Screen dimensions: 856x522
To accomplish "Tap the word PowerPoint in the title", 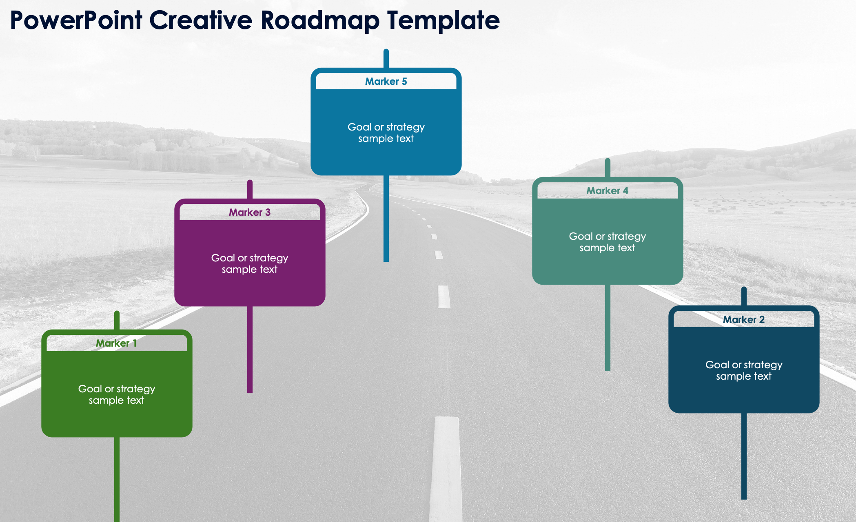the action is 76,20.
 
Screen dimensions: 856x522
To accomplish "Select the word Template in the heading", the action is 444,20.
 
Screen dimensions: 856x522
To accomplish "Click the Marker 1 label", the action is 116,343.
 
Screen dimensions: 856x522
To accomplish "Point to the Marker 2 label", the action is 744,320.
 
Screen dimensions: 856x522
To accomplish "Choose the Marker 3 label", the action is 250,212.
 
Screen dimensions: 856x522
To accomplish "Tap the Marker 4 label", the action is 608,191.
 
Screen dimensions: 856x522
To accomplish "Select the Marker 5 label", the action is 386,82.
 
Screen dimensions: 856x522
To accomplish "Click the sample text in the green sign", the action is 117,394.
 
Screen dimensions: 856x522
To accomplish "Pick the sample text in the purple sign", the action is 250,263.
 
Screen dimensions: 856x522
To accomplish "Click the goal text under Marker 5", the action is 386,133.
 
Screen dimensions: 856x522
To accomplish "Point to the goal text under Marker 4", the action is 608,242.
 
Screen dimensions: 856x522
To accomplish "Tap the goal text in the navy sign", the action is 744,370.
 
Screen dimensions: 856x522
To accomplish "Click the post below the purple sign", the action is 250,349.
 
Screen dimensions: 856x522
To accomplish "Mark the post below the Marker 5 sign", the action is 386,219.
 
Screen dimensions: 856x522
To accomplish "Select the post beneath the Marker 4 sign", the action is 608,328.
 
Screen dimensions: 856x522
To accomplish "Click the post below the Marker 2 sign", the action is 744,456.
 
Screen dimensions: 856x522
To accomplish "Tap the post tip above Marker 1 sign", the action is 117,312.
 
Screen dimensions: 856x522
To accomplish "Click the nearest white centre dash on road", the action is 446,469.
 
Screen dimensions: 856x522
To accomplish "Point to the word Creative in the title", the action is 201,20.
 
